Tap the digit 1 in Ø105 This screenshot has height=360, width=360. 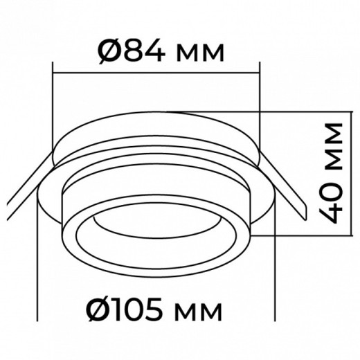click(123, 307)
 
